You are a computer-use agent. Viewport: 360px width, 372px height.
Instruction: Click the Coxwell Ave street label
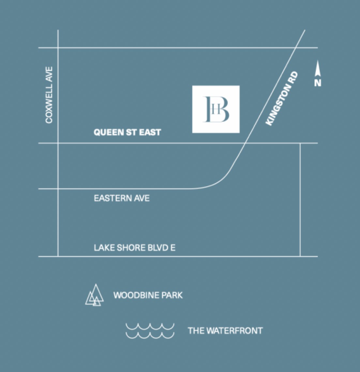(x=49, y=95)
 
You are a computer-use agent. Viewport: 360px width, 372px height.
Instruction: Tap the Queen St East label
(x=127, y=132)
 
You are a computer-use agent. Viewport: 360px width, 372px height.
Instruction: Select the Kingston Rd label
(x=282, y=99)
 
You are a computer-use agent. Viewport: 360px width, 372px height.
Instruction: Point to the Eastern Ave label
(x=122, y=198)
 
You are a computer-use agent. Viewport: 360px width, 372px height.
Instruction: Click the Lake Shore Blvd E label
(x=134, y=248)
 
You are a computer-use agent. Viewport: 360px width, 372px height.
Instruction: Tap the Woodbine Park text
(x=148, y=295)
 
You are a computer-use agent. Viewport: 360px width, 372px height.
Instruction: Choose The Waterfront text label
(x=225, y=331)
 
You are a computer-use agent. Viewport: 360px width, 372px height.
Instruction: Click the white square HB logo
(x=216, y=109)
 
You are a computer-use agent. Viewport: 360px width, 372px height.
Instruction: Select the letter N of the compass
(x=318, y=83)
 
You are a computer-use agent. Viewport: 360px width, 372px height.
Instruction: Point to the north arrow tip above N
(x=318, y=64)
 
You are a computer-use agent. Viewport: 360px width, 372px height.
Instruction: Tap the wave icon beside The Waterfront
(x=150, y=331)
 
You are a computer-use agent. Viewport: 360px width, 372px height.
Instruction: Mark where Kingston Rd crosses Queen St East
(x=246, y=143)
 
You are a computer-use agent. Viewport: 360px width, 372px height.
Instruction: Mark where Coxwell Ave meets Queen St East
(x=58, y=143)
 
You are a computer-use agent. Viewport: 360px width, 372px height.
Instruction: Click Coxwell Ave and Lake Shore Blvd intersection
(x=58, y=256)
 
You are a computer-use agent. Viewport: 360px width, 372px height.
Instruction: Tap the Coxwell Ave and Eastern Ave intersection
(x=58, y=189)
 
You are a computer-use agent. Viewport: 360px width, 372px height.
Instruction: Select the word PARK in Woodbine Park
(x=172, y=295)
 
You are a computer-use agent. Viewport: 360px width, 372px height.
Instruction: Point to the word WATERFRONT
(x=234, y=331)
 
